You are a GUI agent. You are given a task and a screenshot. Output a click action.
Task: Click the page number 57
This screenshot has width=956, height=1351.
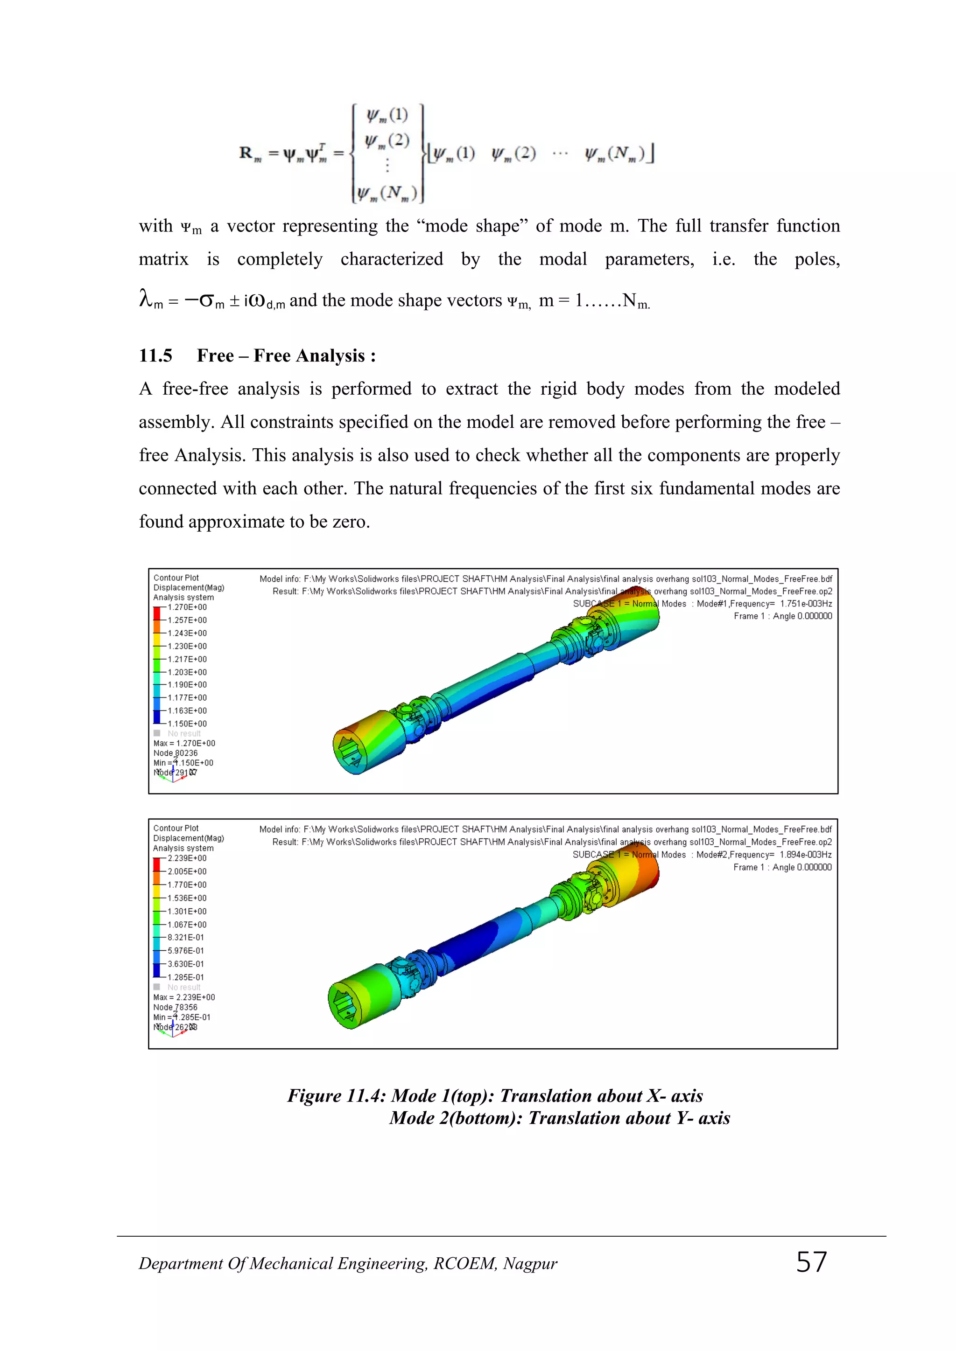tap(811, 1262)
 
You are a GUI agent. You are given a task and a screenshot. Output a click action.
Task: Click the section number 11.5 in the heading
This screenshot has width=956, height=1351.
tap(155, 355)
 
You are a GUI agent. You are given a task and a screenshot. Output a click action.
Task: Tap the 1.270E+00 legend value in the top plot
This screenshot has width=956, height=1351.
tap(187, 607)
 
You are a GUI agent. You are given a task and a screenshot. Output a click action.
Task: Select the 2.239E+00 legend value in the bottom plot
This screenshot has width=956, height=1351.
tap(187, 858)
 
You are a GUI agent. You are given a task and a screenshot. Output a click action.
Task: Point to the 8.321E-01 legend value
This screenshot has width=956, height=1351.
tap(186, 937)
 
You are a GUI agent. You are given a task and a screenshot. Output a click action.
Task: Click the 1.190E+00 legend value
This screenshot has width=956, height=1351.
tap(187, 685)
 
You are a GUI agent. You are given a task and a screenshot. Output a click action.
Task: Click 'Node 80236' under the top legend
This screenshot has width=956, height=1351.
tap(176, 753)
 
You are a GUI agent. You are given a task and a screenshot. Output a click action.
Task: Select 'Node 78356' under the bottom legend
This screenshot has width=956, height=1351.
tap(176, 1007)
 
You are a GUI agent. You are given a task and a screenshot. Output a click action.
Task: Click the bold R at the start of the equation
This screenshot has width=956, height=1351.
tap(246, 153)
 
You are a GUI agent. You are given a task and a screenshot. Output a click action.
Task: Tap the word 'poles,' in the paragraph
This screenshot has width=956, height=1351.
tap(816, 259)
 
